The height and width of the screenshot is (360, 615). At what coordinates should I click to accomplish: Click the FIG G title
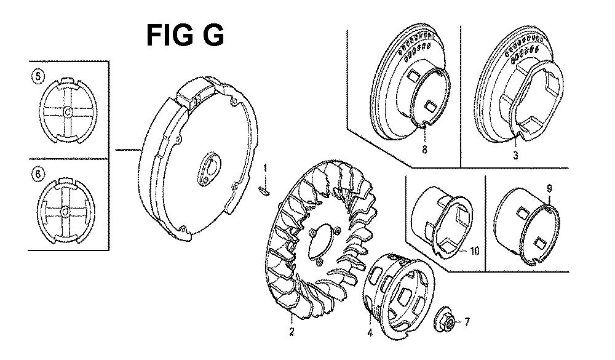point(185,35)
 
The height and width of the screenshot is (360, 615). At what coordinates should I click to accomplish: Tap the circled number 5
point(38,76)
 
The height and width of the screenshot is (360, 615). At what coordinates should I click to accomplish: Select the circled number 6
point(38,174)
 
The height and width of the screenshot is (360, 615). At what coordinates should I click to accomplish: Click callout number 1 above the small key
point(265,169)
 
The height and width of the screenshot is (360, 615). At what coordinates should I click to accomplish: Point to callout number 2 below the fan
point(292,332)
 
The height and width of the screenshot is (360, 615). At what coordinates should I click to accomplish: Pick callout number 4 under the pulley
point(370,333)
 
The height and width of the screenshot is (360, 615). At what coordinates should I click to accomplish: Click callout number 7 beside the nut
point(466,322)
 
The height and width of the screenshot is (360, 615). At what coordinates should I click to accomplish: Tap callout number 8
point(424,150)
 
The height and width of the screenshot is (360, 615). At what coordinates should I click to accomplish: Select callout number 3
point(515,156)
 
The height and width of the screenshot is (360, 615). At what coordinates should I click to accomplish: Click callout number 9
point(549,189)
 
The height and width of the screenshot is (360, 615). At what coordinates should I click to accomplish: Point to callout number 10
point(475,250)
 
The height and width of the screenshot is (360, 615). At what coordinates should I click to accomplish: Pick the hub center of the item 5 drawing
point(68,113)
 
